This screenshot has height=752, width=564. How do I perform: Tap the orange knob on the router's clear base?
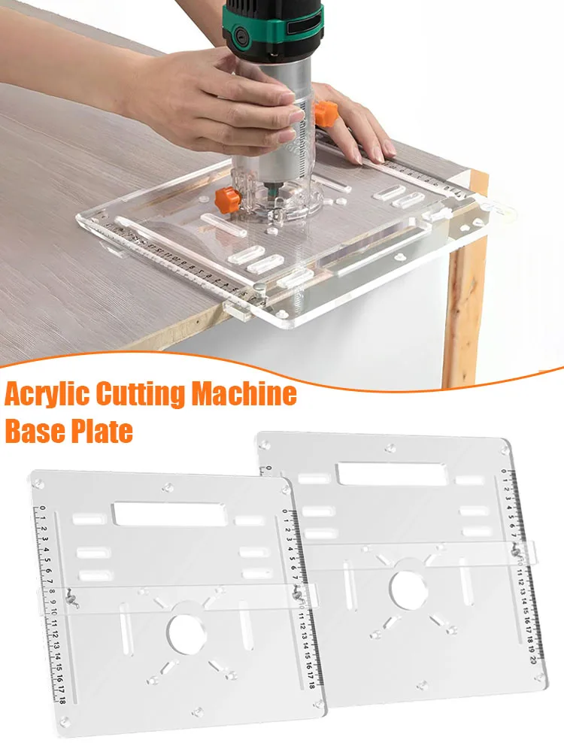pyautogui.click(x=227, y=199)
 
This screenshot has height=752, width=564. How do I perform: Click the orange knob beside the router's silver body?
pyautogui.click(x=325, y=114)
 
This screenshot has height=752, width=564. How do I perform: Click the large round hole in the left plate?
pyautogui.click(x=187, y=634)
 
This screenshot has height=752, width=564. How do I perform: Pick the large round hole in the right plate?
pyautogui.click(x=406, y=587)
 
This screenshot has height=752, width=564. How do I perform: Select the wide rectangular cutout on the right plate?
pyautogui.click(x=390, y=474)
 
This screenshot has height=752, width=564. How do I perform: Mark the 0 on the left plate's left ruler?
pyautogui.click(x=43, y=508)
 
